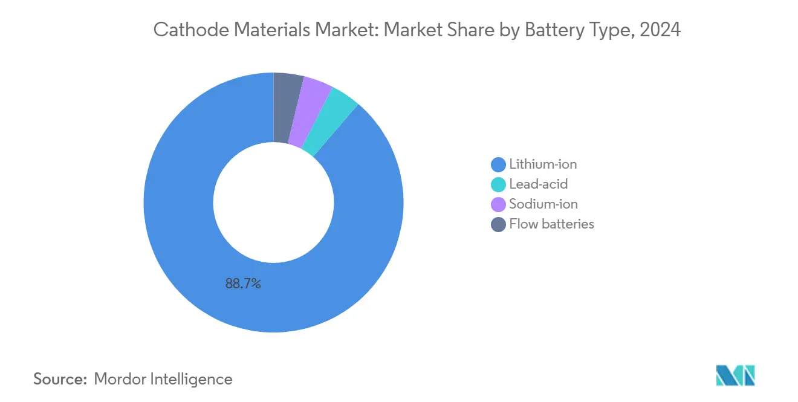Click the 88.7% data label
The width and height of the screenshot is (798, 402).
point(243,284)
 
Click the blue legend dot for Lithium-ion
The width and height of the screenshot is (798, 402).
point(498,164)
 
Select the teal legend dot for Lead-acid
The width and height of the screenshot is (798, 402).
point(498,184)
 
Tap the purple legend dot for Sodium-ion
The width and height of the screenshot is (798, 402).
point(498,204)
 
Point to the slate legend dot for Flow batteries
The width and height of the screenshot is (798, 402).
point(498,224)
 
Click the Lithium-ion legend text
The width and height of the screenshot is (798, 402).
point(543,164)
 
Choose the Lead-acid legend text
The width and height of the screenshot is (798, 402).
point(538,184)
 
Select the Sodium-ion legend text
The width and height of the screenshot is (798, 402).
point(543,204)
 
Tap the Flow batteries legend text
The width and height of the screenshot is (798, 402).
point(551,224)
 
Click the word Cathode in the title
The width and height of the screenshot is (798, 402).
point(181,30)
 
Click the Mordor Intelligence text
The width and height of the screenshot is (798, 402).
point(163,379)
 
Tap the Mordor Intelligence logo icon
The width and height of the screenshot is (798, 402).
point(735,375)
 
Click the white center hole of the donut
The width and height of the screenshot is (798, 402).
point(273,203)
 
